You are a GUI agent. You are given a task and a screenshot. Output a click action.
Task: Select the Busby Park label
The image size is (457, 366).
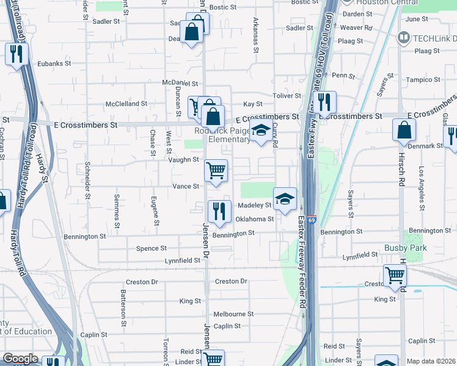point(405,248)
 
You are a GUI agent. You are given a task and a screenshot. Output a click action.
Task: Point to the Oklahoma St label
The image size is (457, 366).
point(255,219)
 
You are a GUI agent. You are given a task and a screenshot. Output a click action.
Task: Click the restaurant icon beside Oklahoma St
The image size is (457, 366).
point(218,211)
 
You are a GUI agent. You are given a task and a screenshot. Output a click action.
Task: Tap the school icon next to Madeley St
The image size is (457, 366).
point(285,199)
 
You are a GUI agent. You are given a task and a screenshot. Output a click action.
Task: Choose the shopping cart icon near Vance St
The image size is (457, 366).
point(215,170)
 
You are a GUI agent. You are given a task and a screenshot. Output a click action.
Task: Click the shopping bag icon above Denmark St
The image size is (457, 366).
point(404,130)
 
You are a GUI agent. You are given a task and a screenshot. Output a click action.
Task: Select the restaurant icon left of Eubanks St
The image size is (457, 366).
point(16,54)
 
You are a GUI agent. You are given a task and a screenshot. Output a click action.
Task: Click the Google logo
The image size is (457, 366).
point(20,359)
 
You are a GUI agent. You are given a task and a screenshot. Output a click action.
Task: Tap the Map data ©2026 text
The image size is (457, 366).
point(430,361)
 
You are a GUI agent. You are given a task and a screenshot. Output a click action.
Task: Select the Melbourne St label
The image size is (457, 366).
point(233,314)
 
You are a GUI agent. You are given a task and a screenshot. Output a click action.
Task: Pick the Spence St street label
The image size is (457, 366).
point(151,248)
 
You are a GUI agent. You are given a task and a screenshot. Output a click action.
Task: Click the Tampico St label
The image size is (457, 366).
point(423,80)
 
